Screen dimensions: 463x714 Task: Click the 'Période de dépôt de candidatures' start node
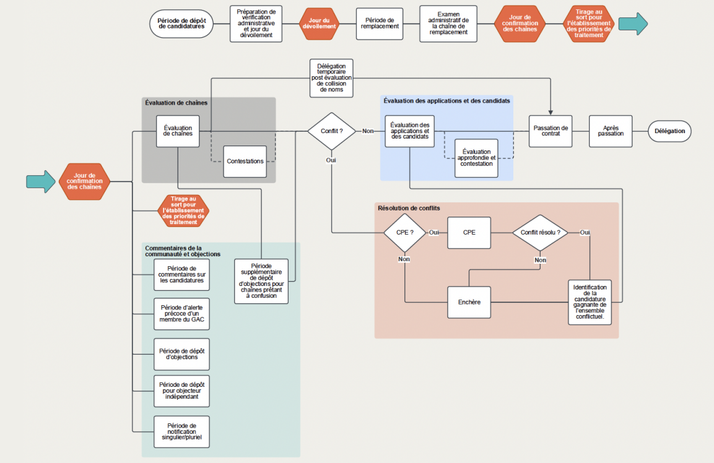pos(181,24)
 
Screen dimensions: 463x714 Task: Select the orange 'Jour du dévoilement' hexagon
pos(319,24)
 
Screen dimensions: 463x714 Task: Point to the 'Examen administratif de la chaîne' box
pos(448,24)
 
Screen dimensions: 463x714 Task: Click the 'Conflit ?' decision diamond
pos(332,131)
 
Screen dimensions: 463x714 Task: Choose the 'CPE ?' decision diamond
pos(404,233)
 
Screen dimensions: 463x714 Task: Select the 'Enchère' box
pos(469,302)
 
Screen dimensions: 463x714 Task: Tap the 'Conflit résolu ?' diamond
pos(540,233)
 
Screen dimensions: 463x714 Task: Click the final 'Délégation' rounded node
pos(669,131)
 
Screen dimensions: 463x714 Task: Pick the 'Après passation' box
pos(611,131)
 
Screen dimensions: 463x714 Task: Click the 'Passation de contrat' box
pos(550,131)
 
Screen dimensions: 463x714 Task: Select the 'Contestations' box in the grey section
pos(245,161)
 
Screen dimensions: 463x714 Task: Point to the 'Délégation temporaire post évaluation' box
pos(331,78)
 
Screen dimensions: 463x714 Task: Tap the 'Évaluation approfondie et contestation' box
pos(476,158)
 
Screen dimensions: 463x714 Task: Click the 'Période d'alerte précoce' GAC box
pos(181,314)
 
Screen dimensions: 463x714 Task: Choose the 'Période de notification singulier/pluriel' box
pos(181,431)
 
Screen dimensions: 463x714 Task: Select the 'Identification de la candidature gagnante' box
pos(590,303)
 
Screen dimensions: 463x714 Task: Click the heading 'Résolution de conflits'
pos(409,208)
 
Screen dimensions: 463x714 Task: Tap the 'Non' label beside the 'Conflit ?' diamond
pos(368,131)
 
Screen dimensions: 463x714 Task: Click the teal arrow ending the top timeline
pos(633,24)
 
